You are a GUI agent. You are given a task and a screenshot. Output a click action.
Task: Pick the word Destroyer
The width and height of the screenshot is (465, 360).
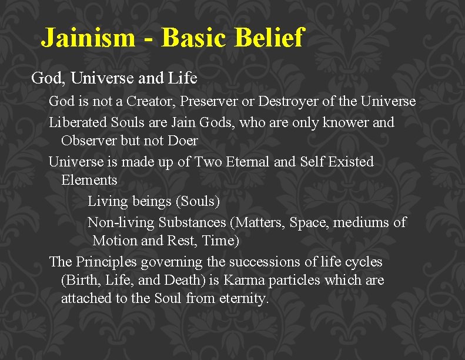pos(287,102)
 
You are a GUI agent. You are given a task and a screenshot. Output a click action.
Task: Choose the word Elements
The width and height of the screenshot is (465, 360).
pos(89,180)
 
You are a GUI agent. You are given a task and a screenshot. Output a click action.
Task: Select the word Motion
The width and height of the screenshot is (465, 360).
pos(116,241)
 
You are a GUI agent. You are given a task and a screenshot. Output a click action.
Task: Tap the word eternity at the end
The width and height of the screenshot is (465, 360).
pos(243,298)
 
